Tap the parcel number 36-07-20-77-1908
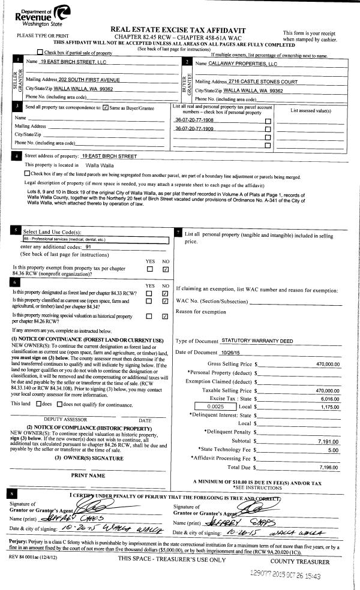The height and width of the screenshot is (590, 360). pos(194,120)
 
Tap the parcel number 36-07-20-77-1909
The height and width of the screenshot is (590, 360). pos(194,129)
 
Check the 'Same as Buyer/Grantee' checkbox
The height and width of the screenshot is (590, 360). pos(106,108)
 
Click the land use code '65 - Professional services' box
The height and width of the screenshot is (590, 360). pos(90,239)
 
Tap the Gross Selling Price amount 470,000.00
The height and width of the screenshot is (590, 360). pos(328,363)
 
